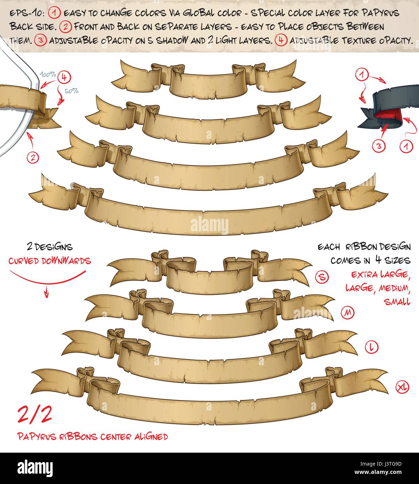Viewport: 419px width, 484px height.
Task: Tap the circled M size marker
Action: pos(347,313)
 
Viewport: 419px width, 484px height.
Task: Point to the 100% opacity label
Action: pos(48,75)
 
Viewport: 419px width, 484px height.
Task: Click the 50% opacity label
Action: pos(72,91)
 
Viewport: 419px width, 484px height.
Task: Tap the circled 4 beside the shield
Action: pos(64,77)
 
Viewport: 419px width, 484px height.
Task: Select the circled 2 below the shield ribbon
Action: pos(32,157)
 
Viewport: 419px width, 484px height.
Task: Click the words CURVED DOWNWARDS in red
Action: pos(49,261)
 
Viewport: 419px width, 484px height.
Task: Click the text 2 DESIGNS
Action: pos(49,247)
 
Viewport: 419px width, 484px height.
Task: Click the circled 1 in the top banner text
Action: pos(55,14)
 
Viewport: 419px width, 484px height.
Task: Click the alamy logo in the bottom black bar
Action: pos(35,467)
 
